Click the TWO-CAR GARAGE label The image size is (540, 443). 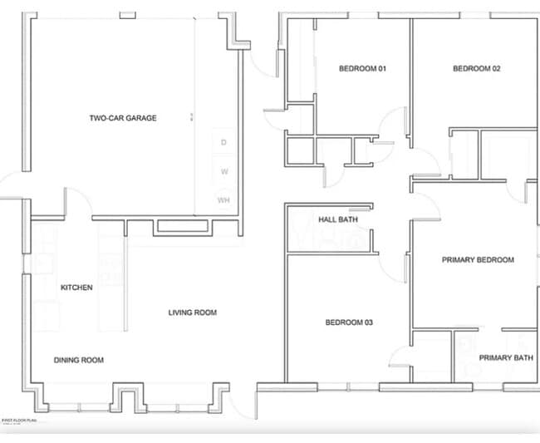click(x=122, y=118)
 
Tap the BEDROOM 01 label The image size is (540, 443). click(x=362, y=68)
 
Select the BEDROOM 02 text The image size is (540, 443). click(x=476, y=68)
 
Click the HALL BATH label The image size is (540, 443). click(x=337, y=219)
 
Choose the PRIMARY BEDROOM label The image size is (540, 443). click(x=477, y=260)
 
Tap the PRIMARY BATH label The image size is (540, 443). click(x=506, y=357)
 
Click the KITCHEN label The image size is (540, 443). click(x=76, y=288)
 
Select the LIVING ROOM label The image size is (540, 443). click(x=192, y=313)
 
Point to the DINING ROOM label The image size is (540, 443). click(x=79, y=360)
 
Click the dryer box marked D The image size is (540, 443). click(x=223, y=143)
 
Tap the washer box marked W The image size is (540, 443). click(x=223, y=172)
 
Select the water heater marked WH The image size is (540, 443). click(x=223, y=200)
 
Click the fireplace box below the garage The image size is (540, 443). click(x=181, y=226)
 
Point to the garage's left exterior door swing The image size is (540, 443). click(x=12, y=185)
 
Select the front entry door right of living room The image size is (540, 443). click(x=243, y=403)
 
